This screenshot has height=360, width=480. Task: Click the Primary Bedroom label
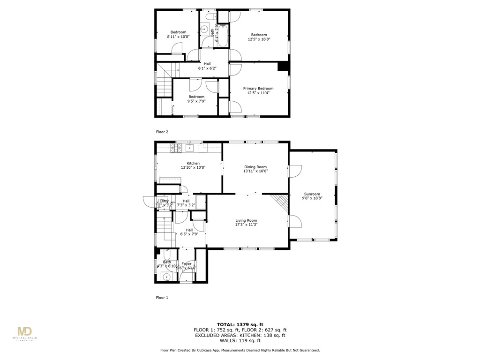pos(258,88)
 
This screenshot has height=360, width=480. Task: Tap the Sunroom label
pos(312,194)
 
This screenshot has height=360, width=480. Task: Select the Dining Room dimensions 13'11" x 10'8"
pos(255,172)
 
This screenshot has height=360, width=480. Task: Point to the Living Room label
pos(246,220)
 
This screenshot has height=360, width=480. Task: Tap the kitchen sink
pos(190,148)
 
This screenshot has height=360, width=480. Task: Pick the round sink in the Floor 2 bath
pos(204,30)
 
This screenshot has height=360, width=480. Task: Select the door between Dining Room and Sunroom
pos(293,172)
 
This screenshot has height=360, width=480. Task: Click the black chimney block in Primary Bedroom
pos(283,67)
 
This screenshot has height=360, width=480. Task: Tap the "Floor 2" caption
pos(162,132)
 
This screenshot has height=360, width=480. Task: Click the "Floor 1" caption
pos(162,297)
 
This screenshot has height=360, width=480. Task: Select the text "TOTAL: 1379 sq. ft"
pos(240,324)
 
